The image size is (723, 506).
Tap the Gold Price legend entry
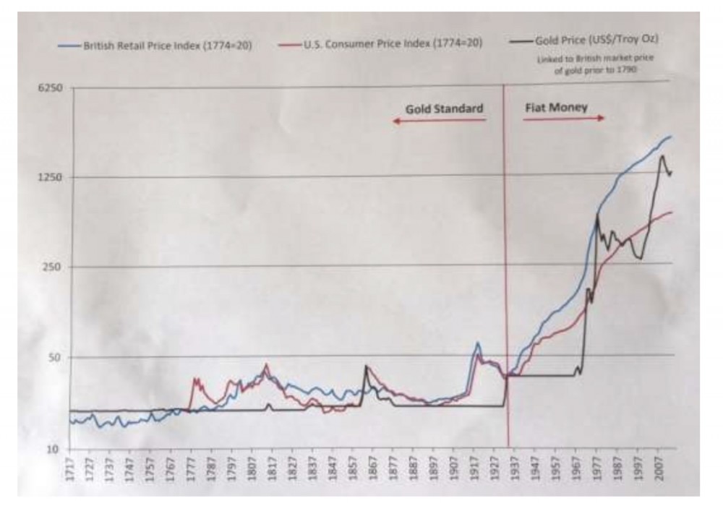point(599,41)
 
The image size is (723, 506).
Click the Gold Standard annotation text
point(443,108)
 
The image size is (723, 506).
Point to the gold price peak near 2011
point(662,155)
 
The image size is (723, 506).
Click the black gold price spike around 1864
point(366,366)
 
